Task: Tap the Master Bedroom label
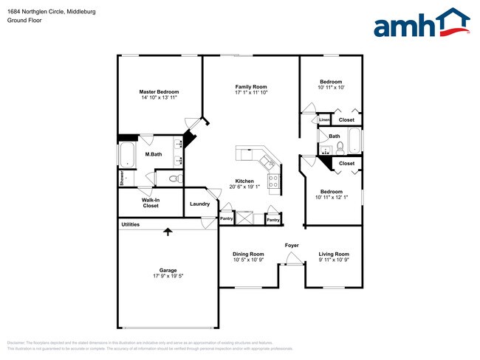click(x=160, y=92)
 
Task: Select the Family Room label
click(x=250, y=86)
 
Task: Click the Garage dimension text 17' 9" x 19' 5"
click(x=168, y=277)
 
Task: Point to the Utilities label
click(x=130, y=224)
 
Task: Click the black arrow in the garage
click(x=168, y=232)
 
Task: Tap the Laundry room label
click(x=199, y=204)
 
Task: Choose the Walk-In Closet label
click(x=151, y=202)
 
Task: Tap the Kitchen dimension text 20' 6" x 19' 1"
click(x=245, y=187)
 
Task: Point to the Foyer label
click(x=292, y=244)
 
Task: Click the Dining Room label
click(x=248, y=254)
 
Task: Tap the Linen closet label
click(x=324, y=120)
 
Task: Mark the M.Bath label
click(x=153, y=154)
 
